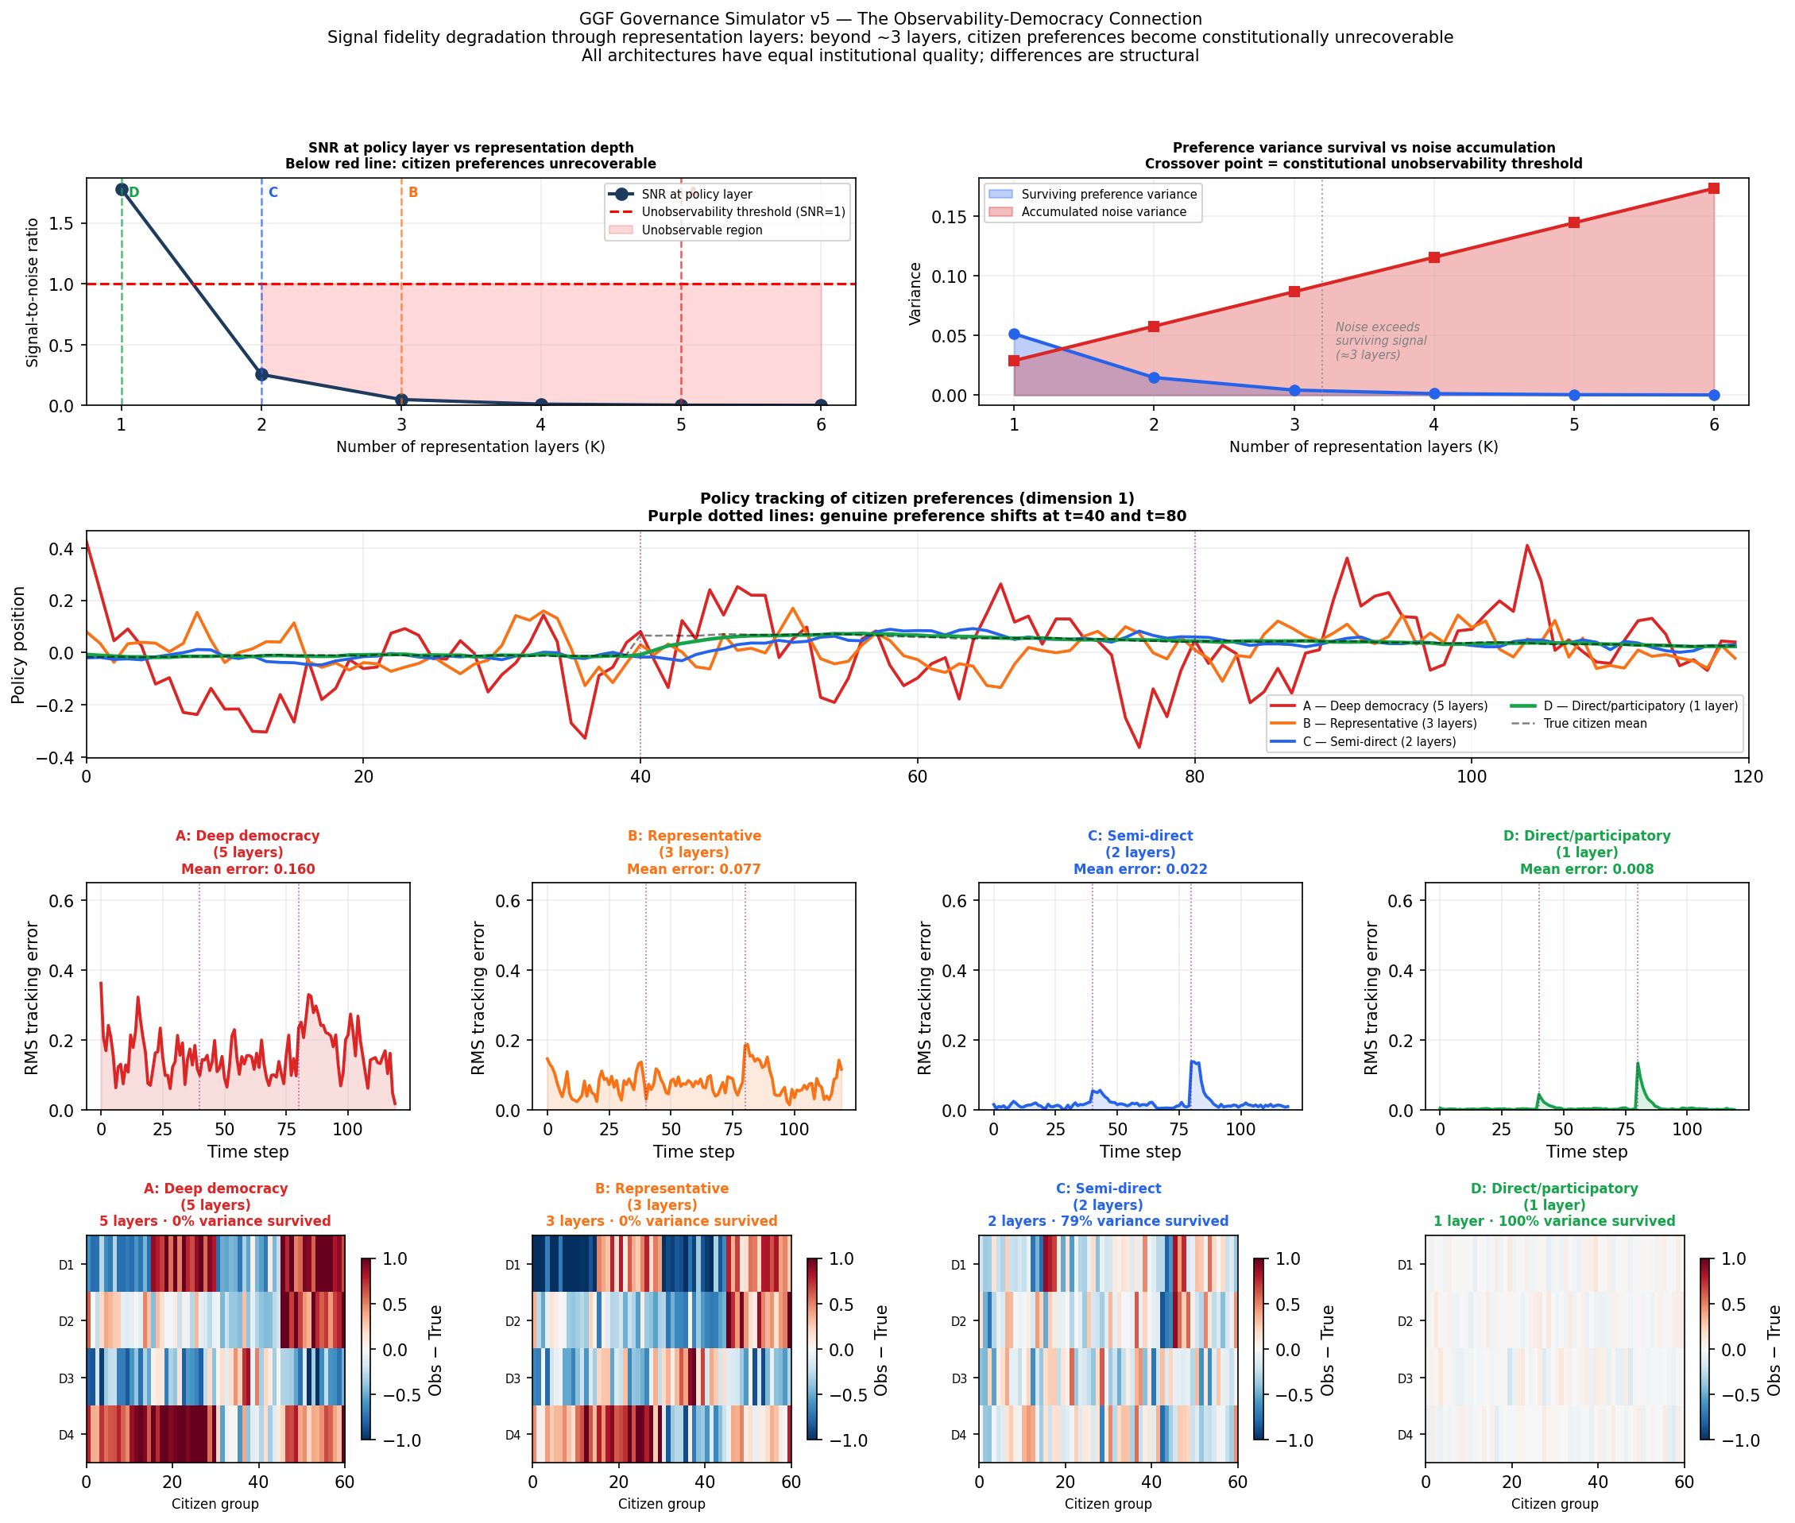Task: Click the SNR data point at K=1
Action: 122,190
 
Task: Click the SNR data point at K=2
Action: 261,375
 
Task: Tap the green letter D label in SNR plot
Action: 133,192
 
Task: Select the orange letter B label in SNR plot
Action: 413,192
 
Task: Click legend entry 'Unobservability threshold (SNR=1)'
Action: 742,212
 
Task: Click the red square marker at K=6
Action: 1714,188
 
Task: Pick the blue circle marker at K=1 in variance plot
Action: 1014,334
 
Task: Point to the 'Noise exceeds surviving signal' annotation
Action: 1379,341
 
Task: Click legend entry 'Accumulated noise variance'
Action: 1103,212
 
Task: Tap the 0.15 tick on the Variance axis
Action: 949,217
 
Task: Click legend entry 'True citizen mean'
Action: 1594,724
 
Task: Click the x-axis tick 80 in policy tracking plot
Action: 1194,777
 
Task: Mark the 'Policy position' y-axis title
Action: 18,645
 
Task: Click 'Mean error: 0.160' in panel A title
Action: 248,869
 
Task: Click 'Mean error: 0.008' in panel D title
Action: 1586,869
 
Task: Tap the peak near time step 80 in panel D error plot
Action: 1638,1064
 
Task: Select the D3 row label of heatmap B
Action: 513,1379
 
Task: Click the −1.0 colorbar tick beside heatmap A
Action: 400,1441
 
